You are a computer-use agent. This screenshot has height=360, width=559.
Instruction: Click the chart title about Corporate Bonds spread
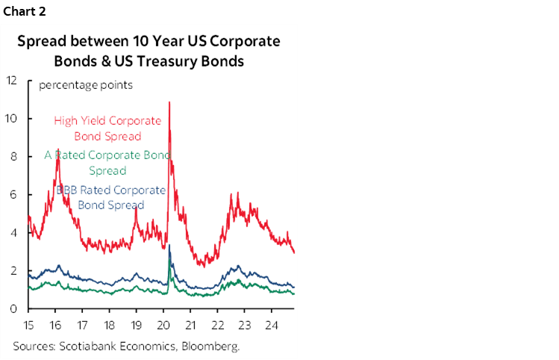click(x=149, y=51)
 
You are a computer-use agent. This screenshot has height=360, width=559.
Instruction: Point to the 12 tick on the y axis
click(x=10, y=81)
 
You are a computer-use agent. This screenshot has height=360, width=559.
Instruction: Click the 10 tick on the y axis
click(x=10, y=119)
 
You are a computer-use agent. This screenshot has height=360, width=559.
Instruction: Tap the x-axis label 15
click(x=29, y=325)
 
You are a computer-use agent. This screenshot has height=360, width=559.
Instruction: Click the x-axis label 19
click(x=137, y=325)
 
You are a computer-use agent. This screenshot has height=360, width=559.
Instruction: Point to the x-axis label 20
click(x=164, y=325)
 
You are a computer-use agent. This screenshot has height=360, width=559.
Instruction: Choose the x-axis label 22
click(x=218, y=325)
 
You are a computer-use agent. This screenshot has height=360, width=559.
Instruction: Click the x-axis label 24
click(x=272, y=325)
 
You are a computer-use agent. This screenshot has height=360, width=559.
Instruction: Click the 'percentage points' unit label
click(x=86, y=85)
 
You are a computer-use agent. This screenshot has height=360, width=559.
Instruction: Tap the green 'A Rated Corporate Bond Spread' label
click(x=108, y=163)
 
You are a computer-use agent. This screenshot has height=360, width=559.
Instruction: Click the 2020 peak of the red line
click(x=169, y=102)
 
